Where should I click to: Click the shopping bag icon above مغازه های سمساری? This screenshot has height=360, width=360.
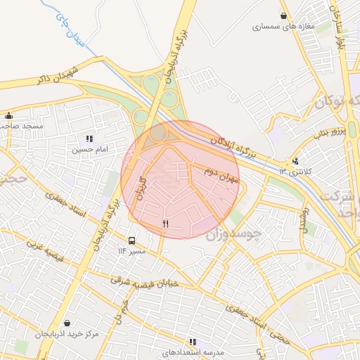(x=283, y=15)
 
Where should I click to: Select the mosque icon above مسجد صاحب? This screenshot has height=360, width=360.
(x=9, y=116)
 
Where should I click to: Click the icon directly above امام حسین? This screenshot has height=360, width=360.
(x=89, y=139)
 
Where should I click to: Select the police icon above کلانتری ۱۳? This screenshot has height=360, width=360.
(x=296, y=161)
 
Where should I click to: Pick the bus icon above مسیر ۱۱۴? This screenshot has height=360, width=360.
(x=132, y=240)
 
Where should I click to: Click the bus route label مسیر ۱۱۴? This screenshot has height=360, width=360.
(x=131, y=251)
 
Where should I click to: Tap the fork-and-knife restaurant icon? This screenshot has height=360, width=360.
(x=166, y=224)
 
